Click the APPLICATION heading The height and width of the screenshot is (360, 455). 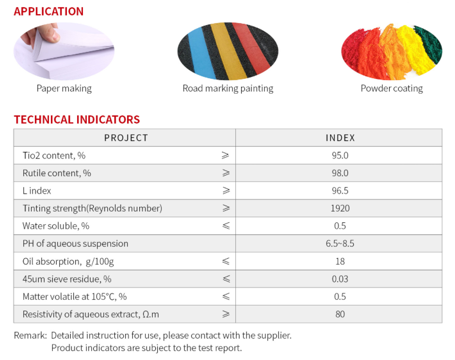coord(49,12)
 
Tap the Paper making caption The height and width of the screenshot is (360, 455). coord(64,88)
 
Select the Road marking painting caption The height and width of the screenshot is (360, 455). coord(228,88)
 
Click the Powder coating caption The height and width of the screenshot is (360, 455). coord(392,88)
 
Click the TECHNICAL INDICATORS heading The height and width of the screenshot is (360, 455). coord(77,120)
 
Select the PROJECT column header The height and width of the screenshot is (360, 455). coord(126,138)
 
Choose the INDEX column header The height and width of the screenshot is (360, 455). coord(340,138)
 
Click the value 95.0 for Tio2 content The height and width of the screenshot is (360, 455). coord(340,156)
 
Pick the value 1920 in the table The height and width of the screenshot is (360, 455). coord(340,209)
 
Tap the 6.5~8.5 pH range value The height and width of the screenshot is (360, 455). coord(340,244)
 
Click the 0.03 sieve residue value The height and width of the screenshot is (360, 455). coord(340,279)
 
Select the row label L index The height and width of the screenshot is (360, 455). coord(37,191)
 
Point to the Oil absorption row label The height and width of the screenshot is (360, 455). coord(68,262)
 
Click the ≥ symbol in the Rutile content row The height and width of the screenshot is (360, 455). coord(226,173)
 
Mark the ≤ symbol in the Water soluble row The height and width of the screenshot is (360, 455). coord(226,226)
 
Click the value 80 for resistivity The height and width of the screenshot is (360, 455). coord(340,314)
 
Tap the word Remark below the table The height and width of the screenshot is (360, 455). coord(30,336)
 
